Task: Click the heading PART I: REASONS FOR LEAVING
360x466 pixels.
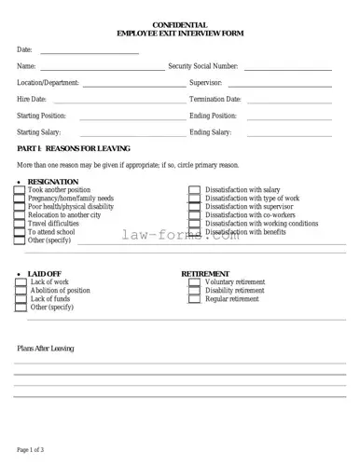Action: tap(74, 149)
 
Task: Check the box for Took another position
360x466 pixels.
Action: tap(20, 190)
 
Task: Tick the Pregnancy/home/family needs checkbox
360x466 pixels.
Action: tap(20, 199)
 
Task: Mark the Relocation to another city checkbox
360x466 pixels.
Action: tap(20, 215)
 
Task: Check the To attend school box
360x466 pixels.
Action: tap(20, 232)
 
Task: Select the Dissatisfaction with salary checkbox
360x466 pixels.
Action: tap(195, 190)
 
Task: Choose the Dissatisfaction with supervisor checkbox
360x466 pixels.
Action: tap(195, 207)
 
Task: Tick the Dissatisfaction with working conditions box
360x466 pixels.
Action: tap(195, 224)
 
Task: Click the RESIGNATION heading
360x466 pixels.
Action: tap(53, 182)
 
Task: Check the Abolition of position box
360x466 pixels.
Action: tap(21, 291)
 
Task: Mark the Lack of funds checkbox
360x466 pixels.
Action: tap(21, 299)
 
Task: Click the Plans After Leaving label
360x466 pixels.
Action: tap(46, 349)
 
